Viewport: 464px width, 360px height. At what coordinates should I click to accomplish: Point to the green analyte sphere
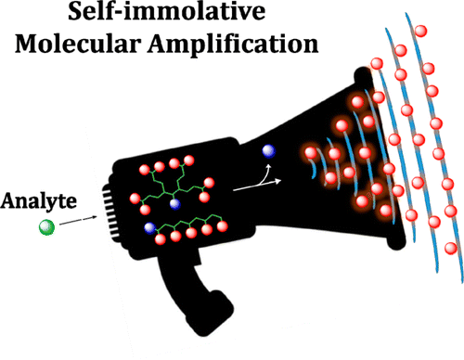click(45, 228)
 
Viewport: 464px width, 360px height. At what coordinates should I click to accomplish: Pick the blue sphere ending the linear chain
click(149, 227)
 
